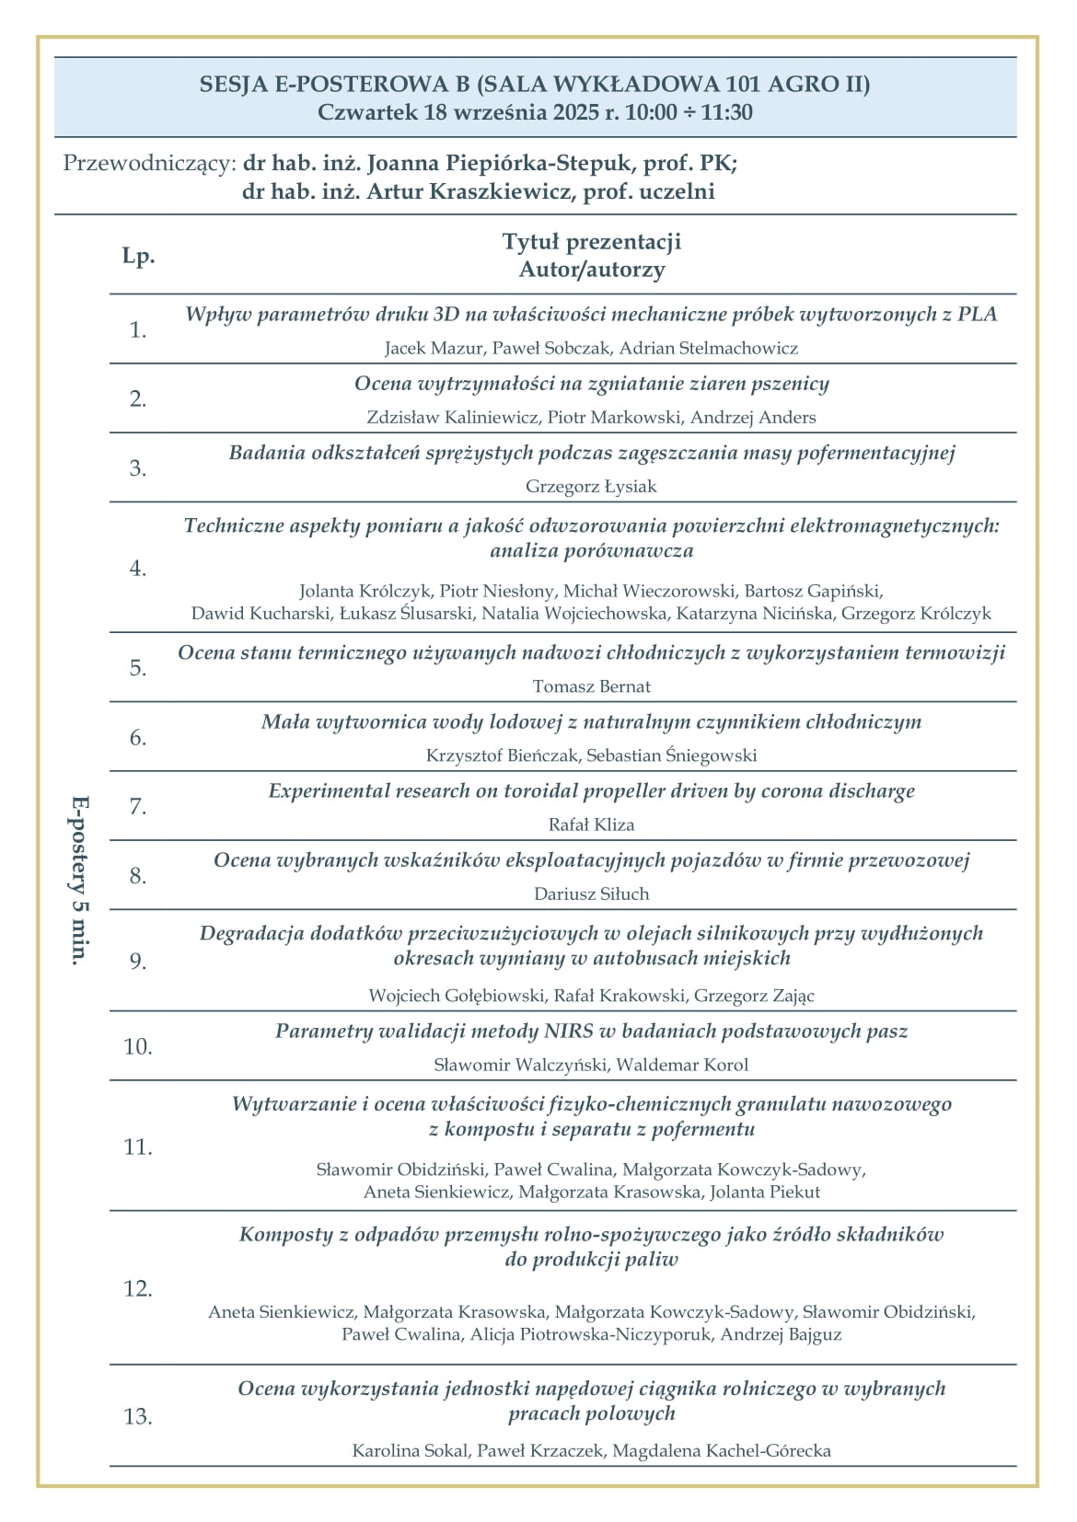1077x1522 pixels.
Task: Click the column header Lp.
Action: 138,256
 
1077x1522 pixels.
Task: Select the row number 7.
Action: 138,806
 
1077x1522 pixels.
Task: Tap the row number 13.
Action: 138,1415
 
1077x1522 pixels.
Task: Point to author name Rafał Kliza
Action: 591,824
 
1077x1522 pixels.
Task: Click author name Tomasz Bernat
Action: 591,686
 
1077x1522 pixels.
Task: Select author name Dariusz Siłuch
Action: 591,894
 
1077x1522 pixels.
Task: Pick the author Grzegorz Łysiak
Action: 591,486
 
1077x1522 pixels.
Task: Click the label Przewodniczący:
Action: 149,164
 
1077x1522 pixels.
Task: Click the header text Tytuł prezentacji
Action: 591,242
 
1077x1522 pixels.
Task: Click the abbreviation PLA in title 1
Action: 977,314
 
